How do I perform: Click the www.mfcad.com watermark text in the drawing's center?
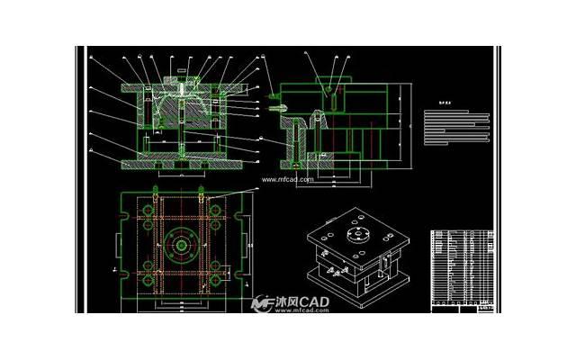(x=288, y=179)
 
